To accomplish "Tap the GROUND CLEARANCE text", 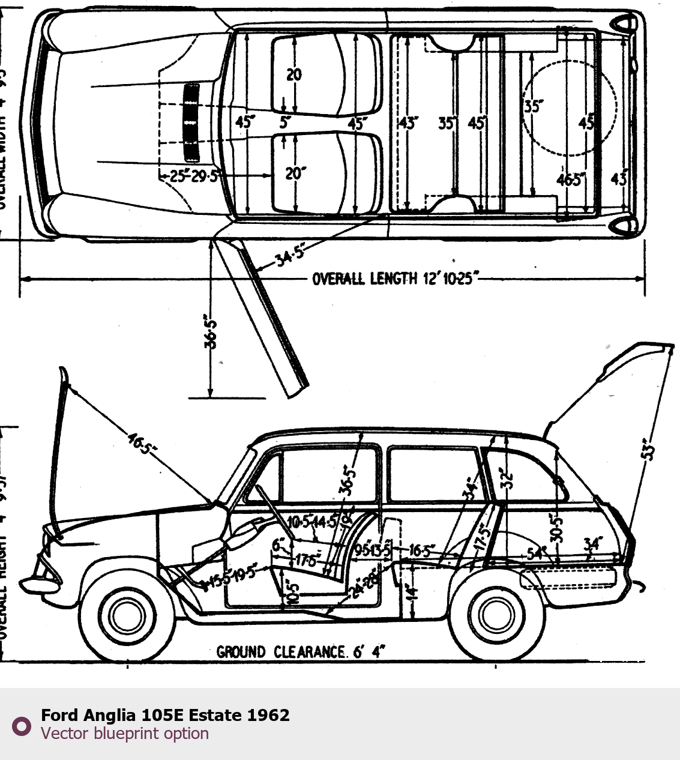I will pos(301,652).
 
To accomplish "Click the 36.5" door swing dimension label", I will pos(210,331).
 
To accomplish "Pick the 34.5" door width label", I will pos(289,256).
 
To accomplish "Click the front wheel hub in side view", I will pos(127,614).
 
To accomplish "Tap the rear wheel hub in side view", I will pos(497,614).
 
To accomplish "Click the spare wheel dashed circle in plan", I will pos(569,108).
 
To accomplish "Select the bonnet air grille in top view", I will pos(191,123).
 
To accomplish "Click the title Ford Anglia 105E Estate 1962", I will pos(165,715).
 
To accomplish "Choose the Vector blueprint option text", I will pos(125,734).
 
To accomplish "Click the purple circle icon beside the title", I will pos(22,726).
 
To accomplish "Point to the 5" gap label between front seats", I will pos(285,122).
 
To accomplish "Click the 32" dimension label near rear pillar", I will pos(508,478).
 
